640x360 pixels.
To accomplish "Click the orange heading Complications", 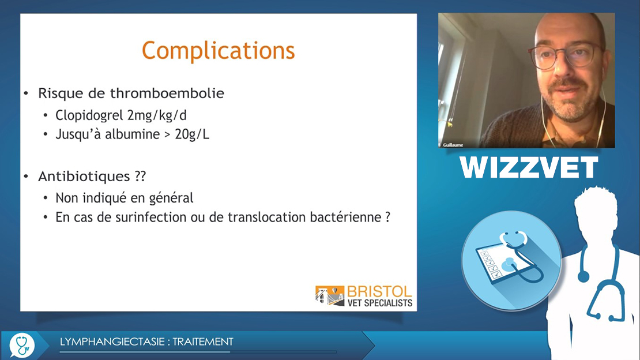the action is (219, 51).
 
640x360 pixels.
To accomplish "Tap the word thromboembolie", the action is (167, 93).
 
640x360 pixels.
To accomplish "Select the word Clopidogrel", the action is (89, 115).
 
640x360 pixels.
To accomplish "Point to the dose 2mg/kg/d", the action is (157, 115).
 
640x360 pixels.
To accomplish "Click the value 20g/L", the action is (192, 134).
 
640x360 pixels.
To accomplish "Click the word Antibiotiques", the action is (84, 176).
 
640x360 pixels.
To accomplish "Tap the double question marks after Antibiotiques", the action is (140, 176).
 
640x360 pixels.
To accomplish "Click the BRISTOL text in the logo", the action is (379, 292).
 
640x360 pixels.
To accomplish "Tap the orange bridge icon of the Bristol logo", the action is (330, 295).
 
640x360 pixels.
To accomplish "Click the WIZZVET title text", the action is (529, 167).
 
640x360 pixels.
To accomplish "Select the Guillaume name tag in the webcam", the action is (453, 145).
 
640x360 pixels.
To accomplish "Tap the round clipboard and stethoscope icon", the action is (511, 260).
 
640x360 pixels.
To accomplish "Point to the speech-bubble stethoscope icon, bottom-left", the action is (22, 346).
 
